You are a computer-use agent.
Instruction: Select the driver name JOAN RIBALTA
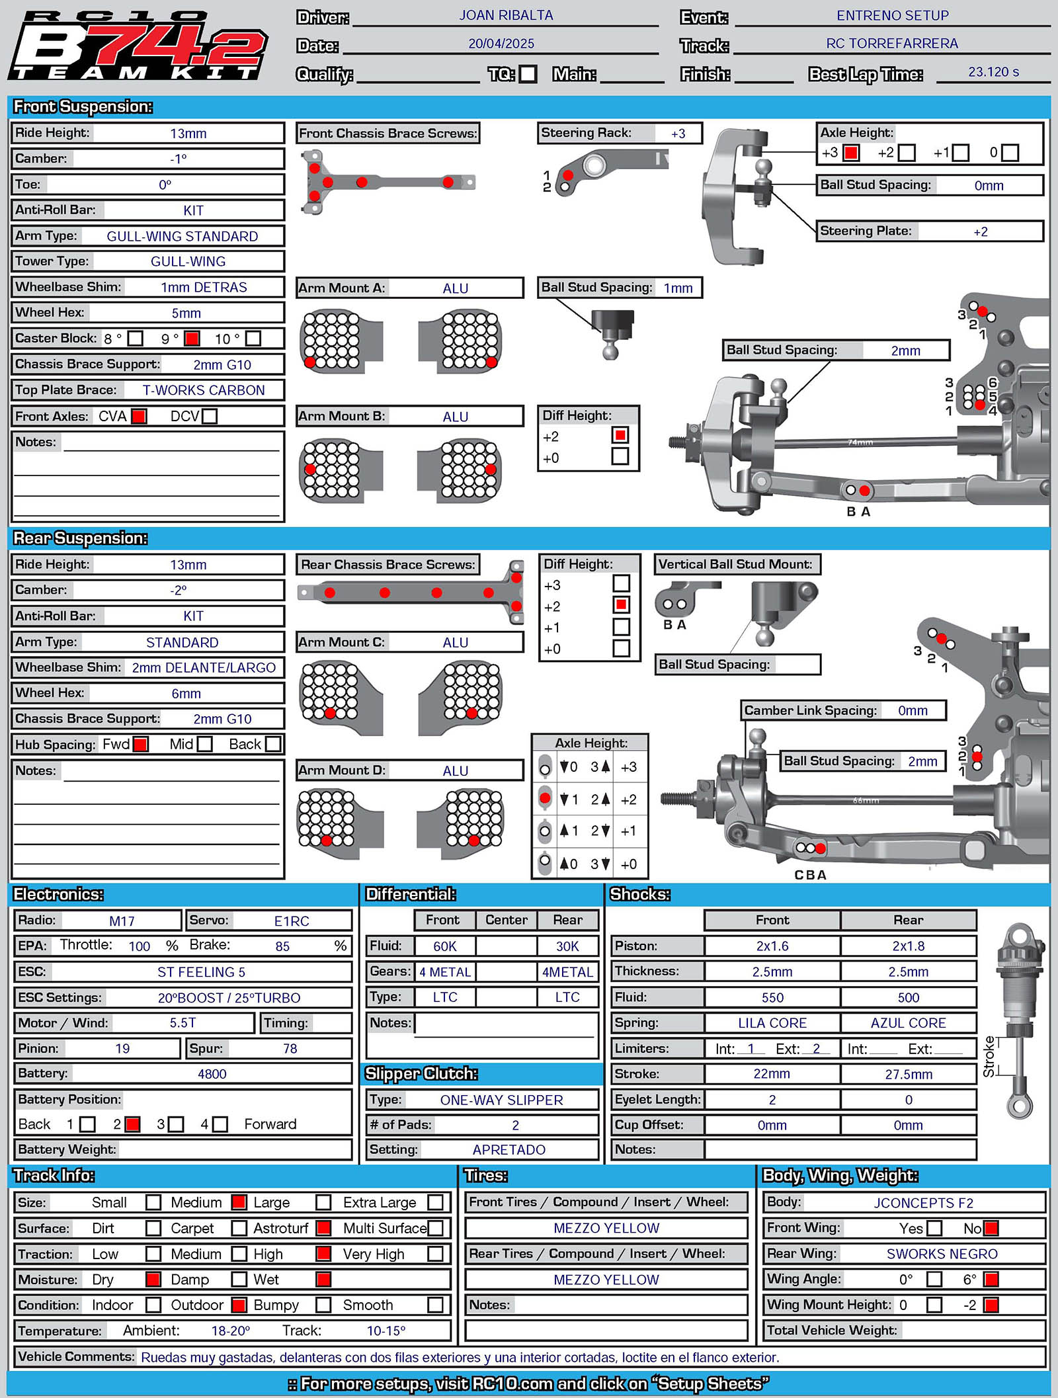pos(506,15)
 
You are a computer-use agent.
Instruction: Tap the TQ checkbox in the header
pos(528,73)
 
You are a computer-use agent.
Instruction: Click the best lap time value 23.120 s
pos(993,71)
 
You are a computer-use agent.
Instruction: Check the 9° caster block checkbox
pos(192,339)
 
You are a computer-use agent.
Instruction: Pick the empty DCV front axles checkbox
pos(210,416)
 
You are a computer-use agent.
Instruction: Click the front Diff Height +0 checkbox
pos(620,456)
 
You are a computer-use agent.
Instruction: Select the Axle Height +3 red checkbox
pos(851,153)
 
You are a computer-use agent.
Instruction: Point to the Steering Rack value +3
pos(678,134)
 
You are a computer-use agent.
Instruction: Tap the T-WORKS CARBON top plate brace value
pos(204,390)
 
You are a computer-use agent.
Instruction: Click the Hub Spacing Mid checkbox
pos(205,744)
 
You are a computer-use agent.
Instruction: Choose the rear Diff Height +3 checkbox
pos(621,583)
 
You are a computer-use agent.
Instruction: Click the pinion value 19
pos(122,1048)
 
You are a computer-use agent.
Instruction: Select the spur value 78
pos(290,1048)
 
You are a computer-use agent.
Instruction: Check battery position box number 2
pos(132,1124)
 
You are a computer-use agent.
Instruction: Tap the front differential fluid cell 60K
pos(444,946)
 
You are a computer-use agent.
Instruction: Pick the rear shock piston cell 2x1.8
pos(908,946)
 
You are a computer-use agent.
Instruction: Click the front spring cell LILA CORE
pos(772,1023)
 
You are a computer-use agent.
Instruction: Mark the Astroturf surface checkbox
pos(323,1228)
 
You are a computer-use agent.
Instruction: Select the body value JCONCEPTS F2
pos(923,1203)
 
